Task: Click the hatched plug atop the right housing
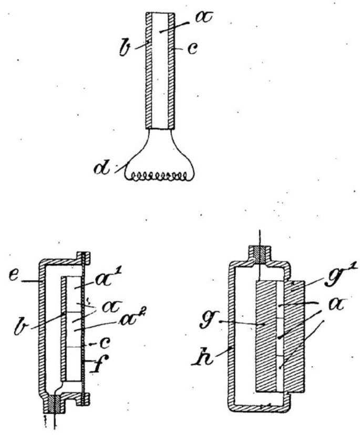click(260, 254)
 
